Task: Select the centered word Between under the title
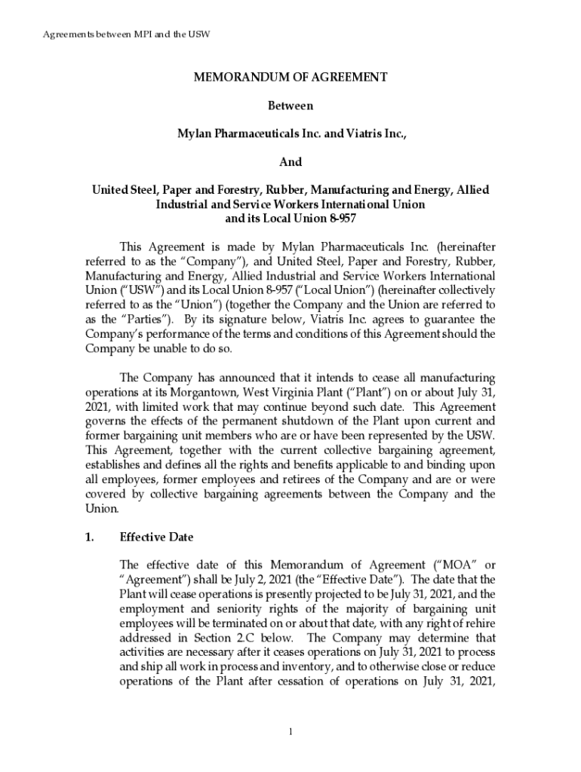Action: coord(290,106)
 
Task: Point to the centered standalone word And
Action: coord(290,162)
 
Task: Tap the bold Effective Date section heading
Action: coord(157,538)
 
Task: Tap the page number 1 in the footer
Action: coord(290,731)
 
